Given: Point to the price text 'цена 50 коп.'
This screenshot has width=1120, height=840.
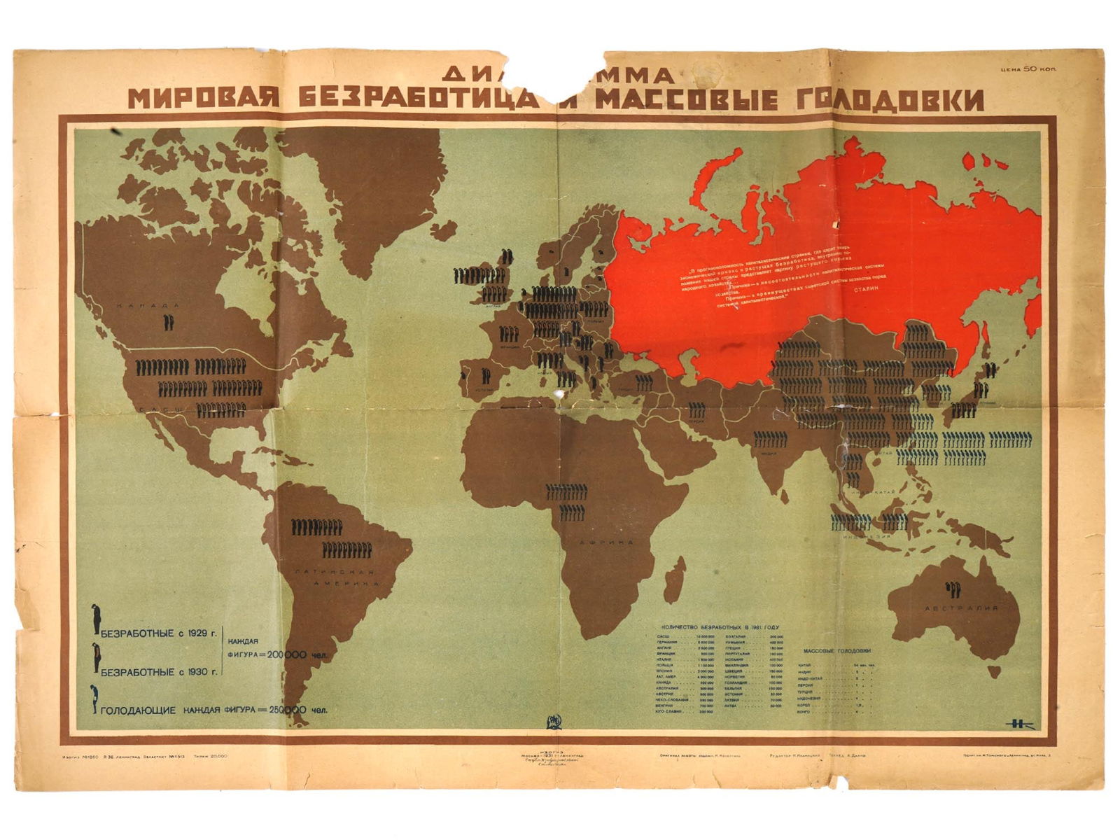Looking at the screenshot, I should (x=1028, y=69).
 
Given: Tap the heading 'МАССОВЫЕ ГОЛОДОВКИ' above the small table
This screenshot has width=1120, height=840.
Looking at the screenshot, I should (x=837, y=651).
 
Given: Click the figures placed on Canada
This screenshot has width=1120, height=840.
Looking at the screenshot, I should (x=167, y=322).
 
